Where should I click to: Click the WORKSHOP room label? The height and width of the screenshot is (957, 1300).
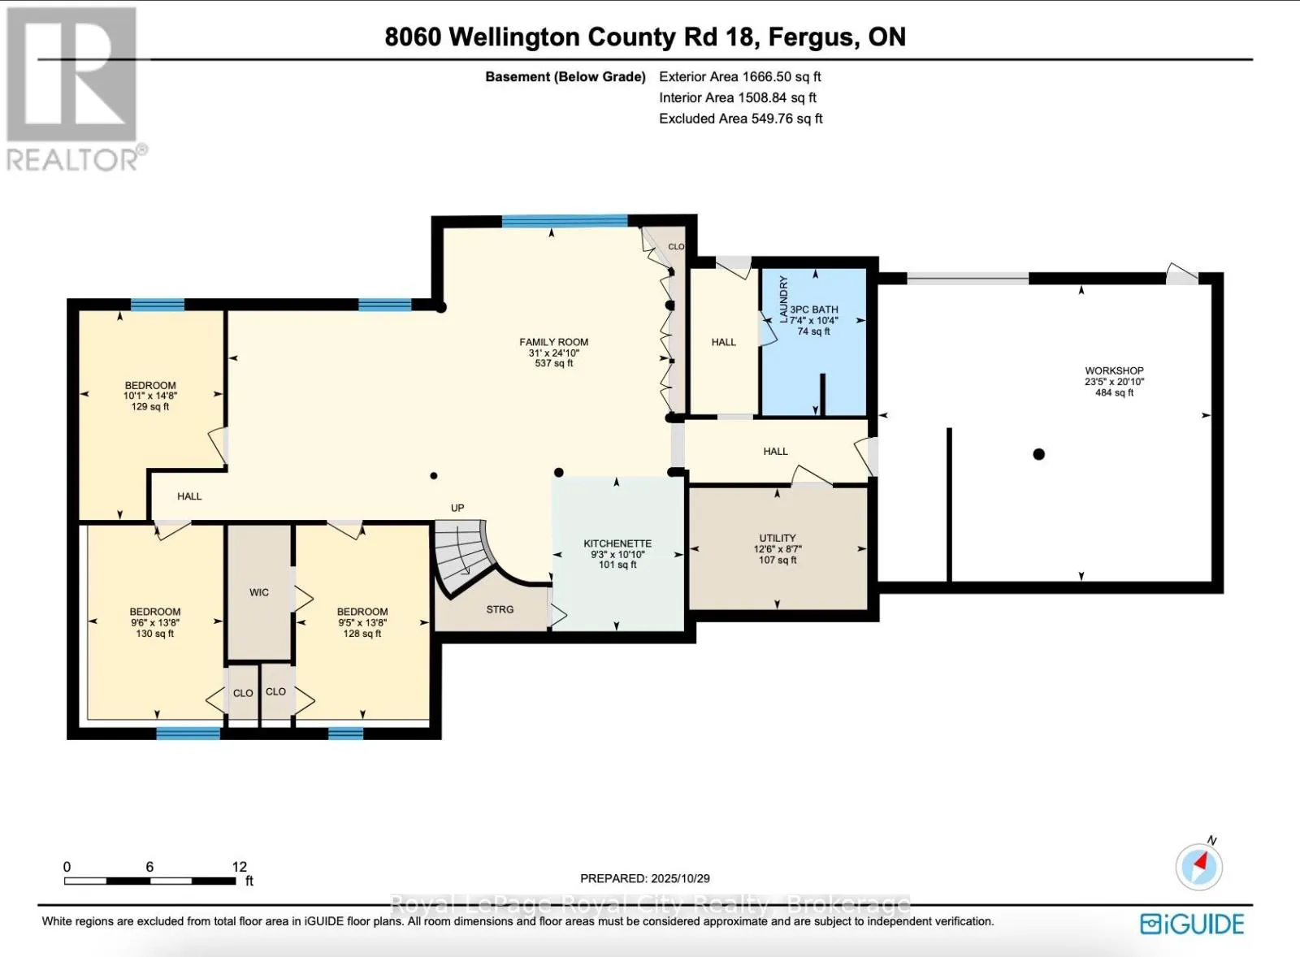coord(1114,370)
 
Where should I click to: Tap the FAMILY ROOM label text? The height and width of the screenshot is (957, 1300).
coord(553,342)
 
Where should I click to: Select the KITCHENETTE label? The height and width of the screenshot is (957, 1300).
coord(617,543)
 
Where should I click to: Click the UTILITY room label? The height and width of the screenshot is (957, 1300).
coord(778,538)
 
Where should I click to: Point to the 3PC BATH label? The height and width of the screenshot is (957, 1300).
coord(813,310)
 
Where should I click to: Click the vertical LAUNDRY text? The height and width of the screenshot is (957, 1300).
coord(784,299)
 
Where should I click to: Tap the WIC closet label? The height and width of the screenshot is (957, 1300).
coord(259,592)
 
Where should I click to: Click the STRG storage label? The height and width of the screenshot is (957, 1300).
coord(500,609)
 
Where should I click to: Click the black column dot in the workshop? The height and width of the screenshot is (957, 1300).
coord(1038,454)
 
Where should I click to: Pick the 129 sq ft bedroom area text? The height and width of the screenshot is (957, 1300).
coord(150,406)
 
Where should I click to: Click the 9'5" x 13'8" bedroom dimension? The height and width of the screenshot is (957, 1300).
coord(362,623)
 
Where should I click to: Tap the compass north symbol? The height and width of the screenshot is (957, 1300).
coord(1199,865)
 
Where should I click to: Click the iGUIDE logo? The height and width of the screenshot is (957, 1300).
coord(1192,925)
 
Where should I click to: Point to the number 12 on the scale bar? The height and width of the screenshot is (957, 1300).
coord(239,867)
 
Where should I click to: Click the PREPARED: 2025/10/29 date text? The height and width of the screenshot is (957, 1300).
coord(645,878)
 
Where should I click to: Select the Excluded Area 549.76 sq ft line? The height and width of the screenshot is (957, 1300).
coord(740,119)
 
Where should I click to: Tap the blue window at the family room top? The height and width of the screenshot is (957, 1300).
coord(565,220)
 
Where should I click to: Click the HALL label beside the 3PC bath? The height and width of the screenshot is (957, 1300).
coord(723,342)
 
